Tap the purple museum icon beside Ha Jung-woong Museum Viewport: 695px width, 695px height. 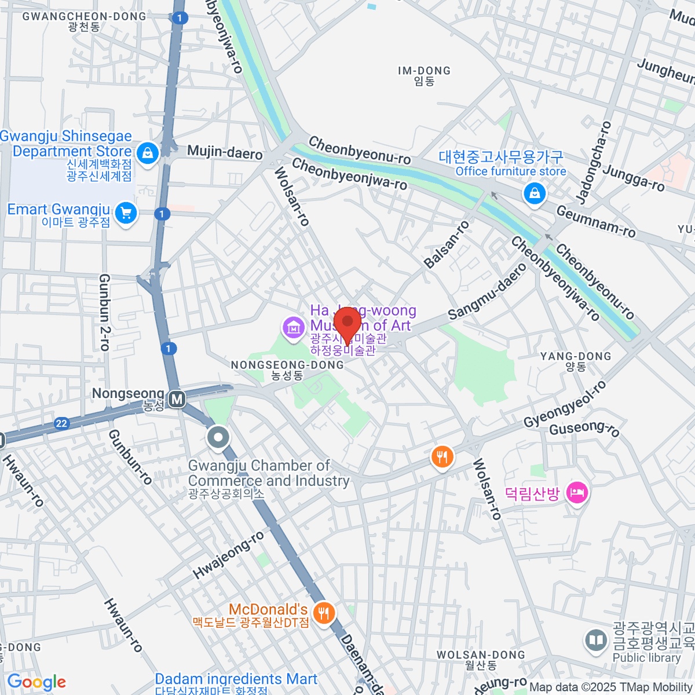coord(294,328)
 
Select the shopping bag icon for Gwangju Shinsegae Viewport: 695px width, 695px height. coord(148,153)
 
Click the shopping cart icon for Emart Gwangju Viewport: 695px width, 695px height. coord(126,213)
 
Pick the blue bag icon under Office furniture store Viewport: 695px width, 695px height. coord(535,193)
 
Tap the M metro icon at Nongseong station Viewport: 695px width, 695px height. coord(177,399)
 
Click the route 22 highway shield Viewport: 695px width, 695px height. coord(61,423)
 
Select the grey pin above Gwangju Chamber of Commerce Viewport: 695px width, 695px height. coord(218,438)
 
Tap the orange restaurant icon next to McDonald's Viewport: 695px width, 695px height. coord(323,612)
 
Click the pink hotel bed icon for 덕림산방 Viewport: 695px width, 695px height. coord(577,493)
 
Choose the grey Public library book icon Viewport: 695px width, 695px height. coord(595,640)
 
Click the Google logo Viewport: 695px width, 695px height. coord(36,682)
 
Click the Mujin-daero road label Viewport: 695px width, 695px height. coord(225,152)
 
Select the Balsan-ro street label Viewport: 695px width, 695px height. coord(447,245)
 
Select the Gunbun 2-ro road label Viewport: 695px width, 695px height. coord(104,313)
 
